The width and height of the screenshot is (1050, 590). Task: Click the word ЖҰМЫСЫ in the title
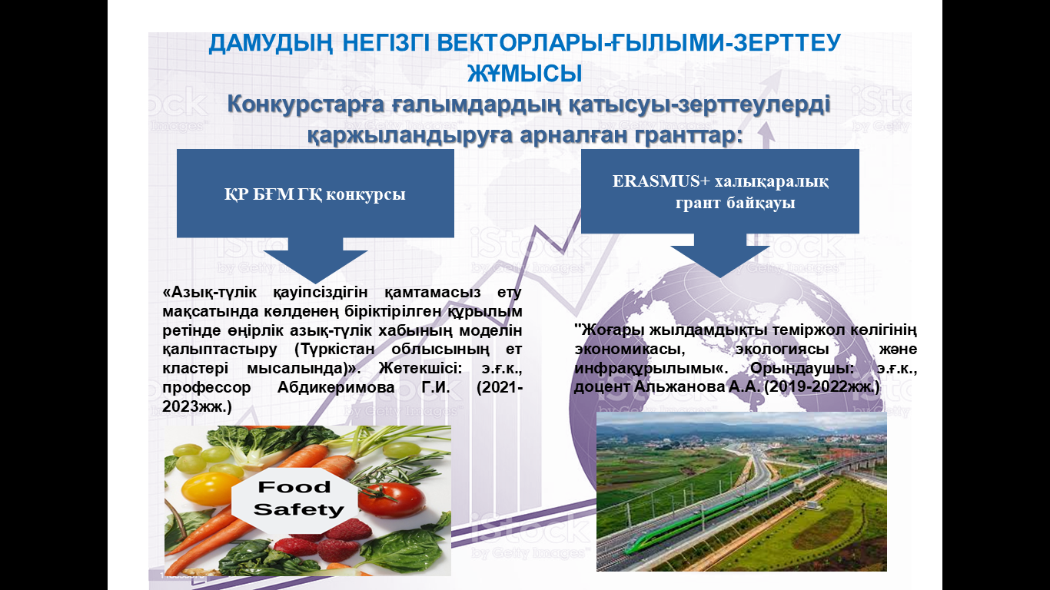pyautogui.click(x=524, y=74)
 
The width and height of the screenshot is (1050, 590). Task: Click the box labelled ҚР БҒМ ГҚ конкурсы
pyautogui.click(x=315, y=193)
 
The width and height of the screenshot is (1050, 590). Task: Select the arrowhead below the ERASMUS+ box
pyautogui.click(x=720, y=261)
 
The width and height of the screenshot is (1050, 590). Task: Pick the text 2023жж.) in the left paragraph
pyautogui.click(x=197, y=406)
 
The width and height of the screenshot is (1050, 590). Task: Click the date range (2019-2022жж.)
pyautogui.click(x=822, y=387)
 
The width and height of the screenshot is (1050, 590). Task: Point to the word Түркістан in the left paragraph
pyautogui.click(x=340, y=349)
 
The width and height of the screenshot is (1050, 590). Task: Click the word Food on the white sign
pyautogui.click(x=294, y=487)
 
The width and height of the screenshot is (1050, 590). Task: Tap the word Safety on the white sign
pyautogui.click(x=298, y=509)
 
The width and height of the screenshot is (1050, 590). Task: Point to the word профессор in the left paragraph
pyautogui.click(x=207, y=388)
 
